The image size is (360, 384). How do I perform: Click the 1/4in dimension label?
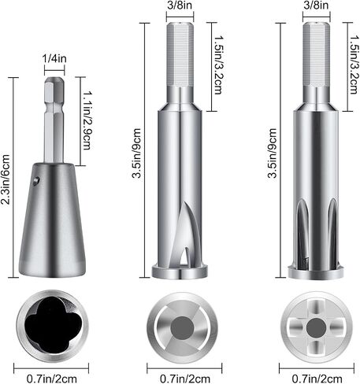pyautogui.click(x=54, y=58)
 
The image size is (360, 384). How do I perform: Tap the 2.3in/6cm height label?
pyautogui.click(x=6, y=179)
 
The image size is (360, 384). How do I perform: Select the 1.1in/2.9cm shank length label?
pyautogui.click(x=87, y=120)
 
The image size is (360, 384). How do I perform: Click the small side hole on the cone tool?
pyautogui.click(x=37, y=181)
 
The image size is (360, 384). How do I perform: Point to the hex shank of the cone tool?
pyautogui.click(x=54, y=120)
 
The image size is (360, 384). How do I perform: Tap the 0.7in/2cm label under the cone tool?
pyautogui.click(x=52, y=378)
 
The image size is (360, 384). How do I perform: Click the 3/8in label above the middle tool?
pyautogui.click(x=180, y=6)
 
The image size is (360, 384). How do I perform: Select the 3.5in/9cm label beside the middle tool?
pyautogui.click(x=136, y=153)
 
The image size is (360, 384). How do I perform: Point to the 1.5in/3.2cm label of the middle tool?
pyautogui.click(x=219, y=65)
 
